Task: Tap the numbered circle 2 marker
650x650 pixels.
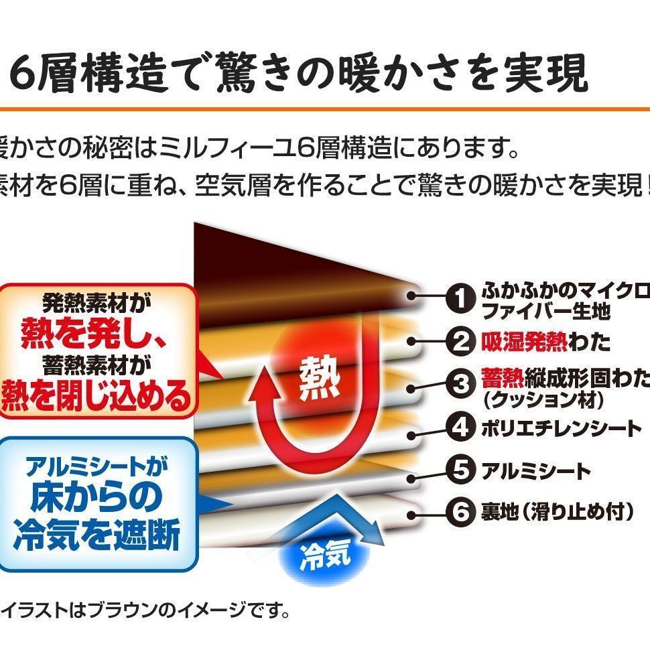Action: (460, 342)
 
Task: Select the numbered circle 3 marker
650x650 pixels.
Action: (460, 385)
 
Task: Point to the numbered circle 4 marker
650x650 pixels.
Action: (460, 428)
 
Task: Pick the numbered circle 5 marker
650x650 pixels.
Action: (460, 470)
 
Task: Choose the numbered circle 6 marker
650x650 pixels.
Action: (460, 513)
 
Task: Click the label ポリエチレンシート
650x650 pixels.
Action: (562, 428)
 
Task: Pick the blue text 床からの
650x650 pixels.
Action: (96, 497)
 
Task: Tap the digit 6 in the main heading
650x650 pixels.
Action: (25, 75)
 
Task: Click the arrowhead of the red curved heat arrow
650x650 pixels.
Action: (265, 389)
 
